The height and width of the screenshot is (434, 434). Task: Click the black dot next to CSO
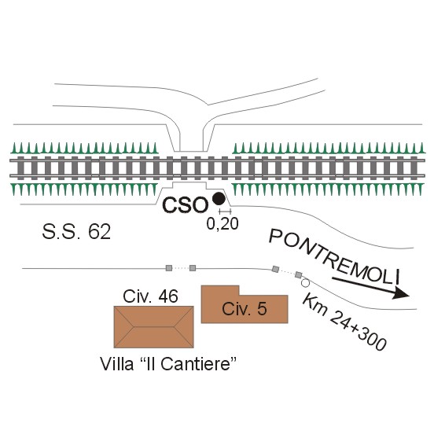(219, 199)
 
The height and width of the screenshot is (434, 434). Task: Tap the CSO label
(186, 205)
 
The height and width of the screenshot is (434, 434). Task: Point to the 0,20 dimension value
(223, 223)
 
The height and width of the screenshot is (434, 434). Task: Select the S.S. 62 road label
(76, 232)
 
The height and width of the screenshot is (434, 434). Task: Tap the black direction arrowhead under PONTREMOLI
(400, 293)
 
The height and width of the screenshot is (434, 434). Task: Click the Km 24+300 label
(344, 322)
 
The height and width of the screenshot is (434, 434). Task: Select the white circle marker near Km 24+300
(305, 283)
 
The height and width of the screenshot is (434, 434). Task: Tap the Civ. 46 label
(150, 296)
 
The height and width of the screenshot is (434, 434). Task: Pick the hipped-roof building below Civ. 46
(154, 327)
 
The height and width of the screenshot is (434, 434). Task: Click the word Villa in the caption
(117, 364)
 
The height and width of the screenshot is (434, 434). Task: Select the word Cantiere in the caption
(196, 364)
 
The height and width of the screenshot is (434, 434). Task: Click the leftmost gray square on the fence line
(169, 268)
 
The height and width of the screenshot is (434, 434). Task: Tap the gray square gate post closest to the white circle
(299, 275)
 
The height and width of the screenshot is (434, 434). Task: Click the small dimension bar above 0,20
(225, 211)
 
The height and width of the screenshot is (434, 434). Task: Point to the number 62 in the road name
(100, 232)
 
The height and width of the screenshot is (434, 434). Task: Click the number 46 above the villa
(168, 296)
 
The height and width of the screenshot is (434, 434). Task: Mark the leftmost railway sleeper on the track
(20, 168)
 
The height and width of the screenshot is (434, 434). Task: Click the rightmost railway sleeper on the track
(414, 168)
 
